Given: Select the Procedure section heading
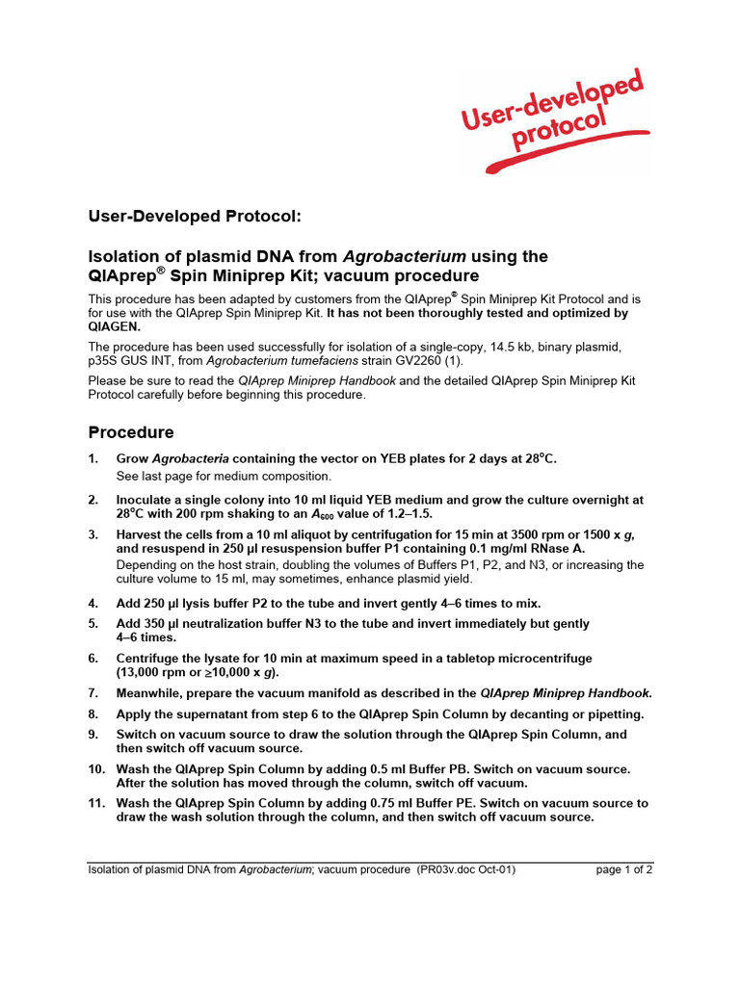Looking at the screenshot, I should [x=131, y=432].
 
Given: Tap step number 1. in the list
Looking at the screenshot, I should [x=93, y=458].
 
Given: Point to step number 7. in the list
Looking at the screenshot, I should [x=93, y=692].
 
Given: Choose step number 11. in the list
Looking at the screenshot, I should [x=96, y=802].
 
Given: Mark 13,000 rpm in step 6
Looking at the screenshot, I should [x=156, y=672].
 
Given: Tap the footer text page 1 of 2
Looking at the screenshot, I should [x=624, y=869].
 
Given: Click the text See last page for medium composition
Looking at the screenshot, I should [x=224, y=476].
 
